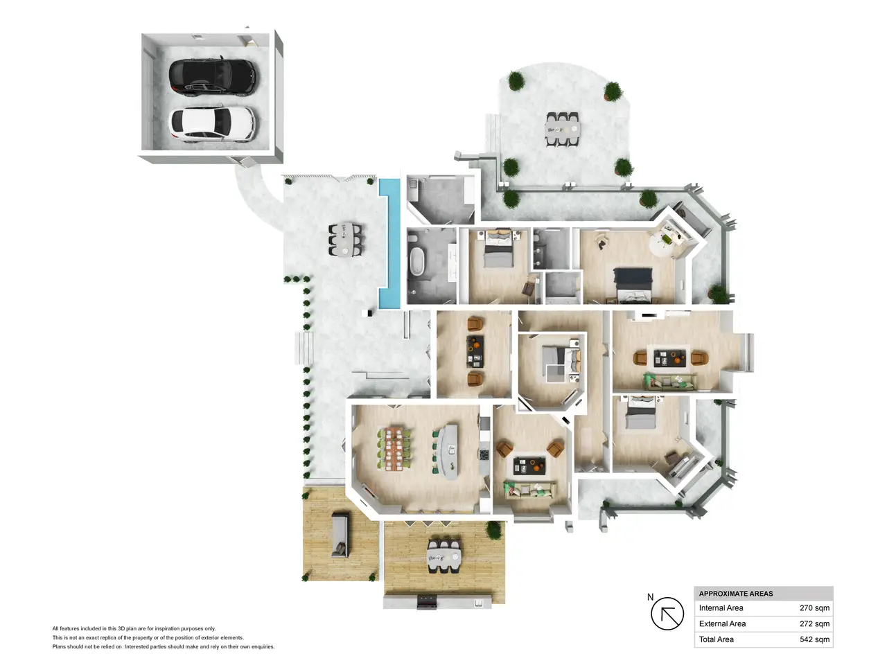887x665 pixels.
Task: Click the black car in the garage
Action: pos(212,77)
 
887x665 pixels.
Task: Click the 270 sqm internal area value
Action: pos(814,608)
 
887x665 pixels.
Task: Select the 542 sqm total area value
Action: pos(814,639)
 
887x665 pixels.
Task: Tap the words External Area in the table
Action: pos(722,623)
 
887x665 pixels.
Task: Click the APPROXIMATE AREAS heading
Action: pos(735,594)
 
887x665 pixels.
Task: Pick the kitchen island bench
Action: pos(449,451)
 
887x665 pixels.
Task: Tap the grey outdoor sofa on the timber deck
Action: pos(340,535)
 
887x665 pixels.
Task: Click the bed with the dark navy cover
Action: pos(633,285)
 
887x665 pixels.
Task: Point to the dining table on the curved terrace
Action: pos(562,130)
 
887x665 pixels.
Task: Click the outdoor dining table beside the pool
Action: pos(344,239)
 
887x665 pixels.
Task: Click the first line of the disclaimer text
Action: pos(134,628)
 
